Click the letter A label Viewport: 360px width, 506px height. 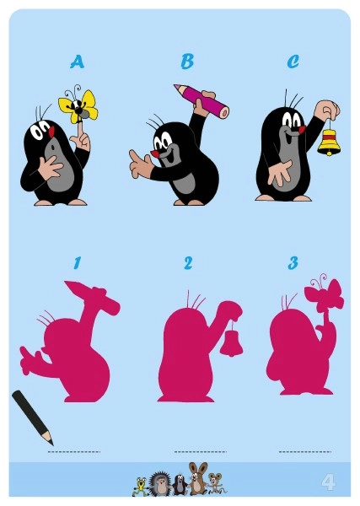[77, 62]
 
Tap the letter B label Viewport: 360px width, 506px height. [187, 62]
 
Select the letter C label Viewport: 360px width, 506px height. [293, 62]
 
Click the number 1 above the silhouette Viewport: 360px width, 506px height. [77, 262]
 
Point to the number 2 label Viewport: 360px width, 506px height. [188, 263]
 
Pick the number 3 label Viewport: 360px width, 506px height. [293, 263]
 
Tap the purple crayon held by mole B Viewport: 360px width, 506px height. [201, 100]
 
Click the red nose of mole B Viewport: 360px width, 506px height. [155, 153]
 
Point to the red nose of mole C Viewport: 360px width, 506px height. [303, 130]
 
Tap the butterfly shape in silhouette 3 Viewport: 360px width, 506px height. [324, 293]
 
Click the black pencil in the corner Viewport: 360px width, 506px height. [32, 417]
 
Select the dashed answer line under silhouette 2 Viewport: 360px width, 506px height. [201, 452]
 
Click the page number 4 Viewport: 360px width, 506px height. [328, 482]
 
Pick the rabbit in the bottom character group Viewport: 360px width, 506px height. [196, 479]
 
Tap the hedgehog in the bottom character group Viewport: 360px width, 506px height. [159, 484]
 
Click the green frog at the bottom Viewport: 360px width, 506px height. [141, 487]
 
